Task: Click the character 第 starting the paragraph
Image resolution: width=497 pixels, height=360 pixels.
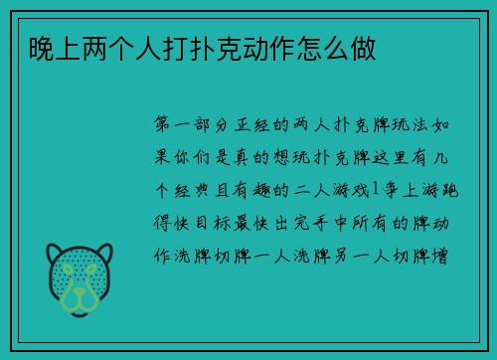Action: (164, 127)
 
